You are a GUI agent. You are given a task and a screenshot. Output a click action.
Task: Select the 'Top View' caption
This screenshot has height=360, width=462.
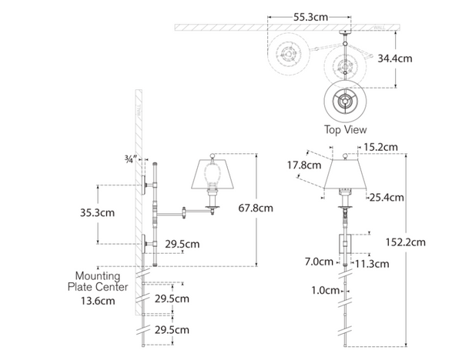point(345,130)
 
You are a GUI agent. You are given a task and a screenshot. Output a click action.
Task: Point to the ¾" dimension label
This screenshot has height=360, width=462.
point(130,159)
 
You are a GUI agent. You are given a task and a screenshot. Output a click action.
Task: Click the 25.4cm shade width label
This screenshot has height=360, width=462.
point(386,198)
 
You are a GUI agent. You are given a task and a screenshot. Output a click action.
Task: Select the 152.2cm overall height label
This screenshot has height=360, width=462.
point(405,242)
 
